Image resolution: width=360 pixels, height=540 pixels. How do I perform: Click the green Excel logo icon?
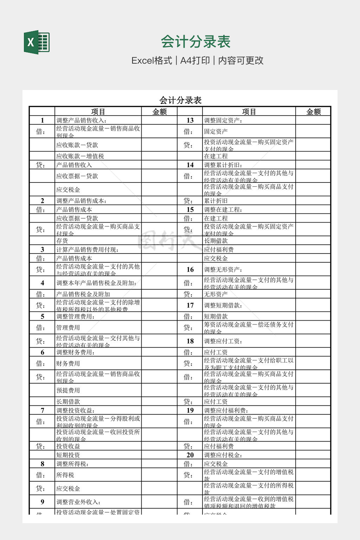tap(37, 42)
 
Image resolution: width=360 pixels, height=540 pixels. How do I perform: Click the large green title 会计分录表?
tap(195, 42)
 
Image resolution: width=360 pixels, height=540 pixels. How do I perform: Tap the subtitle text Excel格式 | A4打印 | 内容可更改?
tap(197, 60)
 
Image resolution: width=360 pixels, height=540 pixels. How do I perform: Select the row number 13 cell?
tap(190, 121)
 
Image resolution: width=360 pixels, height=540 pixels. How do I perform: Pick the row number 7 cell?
tap(42, 410)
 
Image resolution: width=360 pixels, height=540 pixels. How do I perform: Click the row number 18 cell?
tap(190, 341)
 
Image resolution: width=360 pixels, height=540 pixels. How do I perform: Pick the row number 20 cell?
tap(190, 455)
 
